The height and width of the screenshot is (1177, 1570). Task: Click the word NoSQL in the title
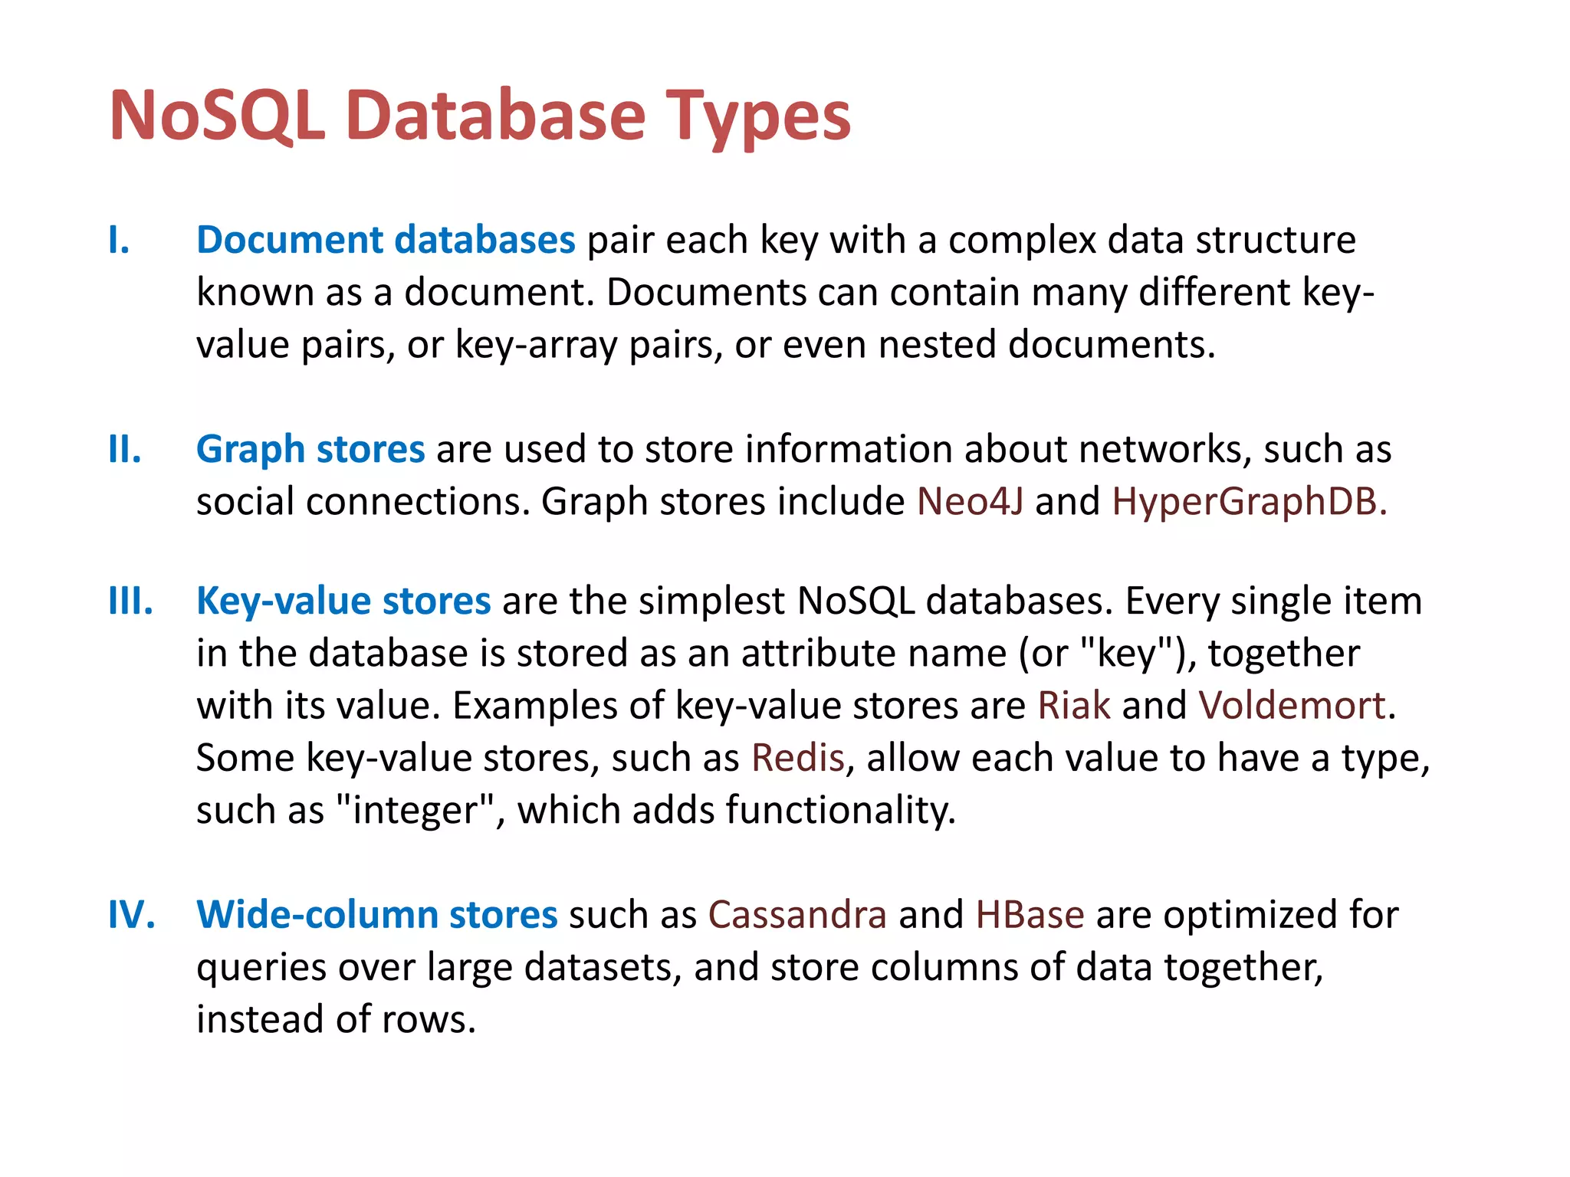click(x=217, y=116)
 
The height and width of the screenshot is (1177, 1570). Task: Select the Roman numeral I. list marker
click(x=119, y=240)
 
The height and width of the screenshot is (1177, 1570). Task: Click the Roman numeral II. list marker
click(x=125, y=449)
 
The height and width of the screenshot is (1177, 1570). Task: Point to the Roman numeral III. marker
click(x=130, y=601)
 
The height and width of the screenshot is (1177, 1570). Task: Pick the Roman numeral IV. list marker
click(x=132, y=915)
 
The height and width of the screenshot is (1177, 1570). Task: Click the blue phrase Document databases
click(x=386, y=240)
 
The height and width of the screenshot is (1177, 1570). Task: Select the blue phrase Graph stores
click(x=310, y=449)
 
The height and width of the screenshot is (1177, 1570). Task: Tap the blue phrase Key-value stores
click(x=343, y=601)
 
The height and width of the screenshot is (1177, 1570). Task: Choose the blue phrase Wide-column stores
click(x=377, y=915)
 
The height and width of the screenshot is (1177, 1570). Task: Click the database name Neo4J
click(x=970, y=502)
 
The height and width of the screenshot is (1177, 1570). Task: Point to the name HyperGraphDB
click(x=1249, y=502)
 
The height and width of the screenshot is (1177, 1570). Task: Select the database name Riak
click(x=1073, y=705)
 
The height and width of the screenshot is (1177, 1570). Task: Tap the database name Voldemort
click(x=1292, y=705)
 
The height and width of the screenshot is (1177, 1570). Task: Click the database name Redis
click(x=797, y=758)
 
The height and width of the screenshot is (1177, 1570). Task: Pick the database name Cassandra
click(x=797, y=915)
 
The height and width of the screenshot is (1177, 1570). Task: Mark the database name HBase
click(x=1030, y=915)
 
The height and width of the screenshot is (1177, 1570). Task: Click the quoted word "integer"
click(x=415, y=810)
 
